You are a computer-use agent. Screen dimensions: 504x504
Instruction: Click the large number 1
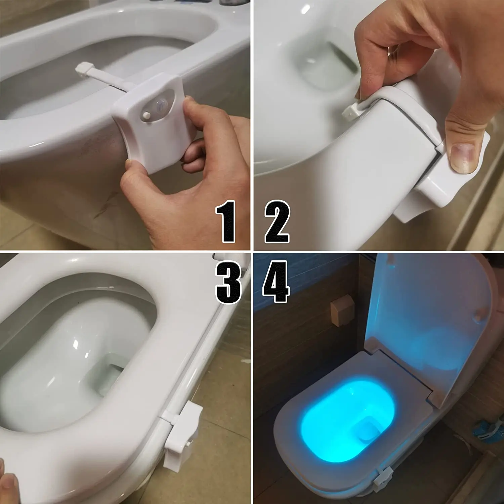(x=226, y=222)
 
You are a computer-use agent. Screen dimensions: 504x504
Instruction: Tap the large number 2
(x=277, y=222)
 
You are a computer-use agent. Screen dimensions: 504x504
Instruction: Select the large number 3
(x=228, y=282)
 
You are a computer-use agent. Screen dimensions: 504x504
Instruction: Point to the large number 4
(x=276, y=282)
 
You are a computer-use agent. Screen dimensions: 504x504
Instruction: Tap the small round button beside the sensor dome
(x=146, y=115)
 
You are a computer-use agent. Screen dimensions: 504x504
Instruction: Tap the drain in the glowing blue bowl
(x=368, y=430)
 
